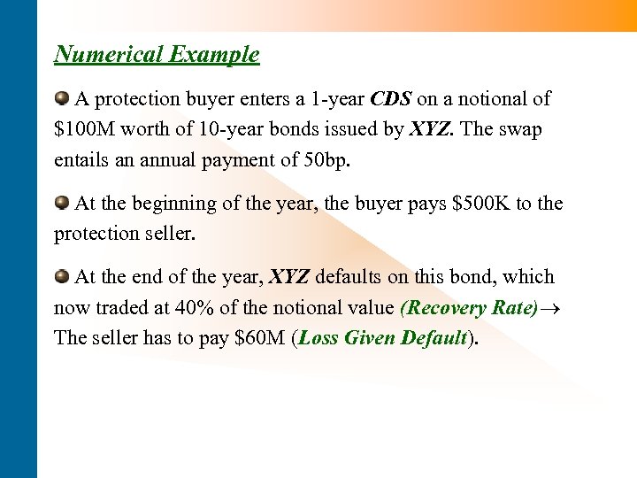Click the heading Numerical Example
pyautogui.click(x=157, y=54)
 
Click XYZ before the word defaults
pyautogui.click(x=288, y=277)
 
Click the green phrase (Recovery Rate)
pyautogui.click(x=469, y=308)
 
